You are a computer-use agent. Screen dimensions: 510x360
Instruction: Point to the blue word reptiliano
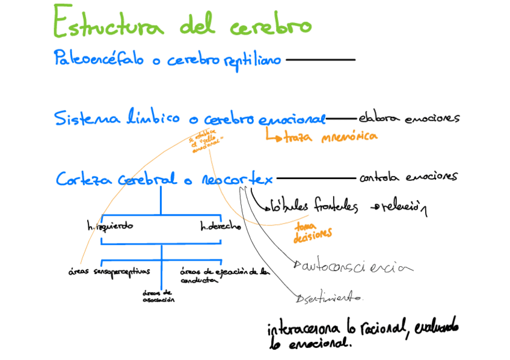coord(252,61)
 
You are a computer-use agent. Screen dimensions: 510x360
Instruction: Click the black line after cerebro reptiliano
coord(321,59)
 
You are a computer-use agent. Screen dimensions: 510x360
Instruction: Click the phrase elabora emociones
coord(409,118)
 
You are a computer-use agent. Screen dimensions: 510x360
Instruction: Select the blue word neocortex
coord(237,179)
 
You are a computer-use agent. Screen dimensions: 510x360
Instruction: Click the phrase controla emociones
coord(408,177)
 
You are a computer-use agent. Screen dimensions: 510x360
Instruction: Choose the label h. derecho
coord(221,227)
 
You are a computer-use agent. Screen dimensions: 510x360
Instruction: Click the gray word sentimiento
coord(332,297)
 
